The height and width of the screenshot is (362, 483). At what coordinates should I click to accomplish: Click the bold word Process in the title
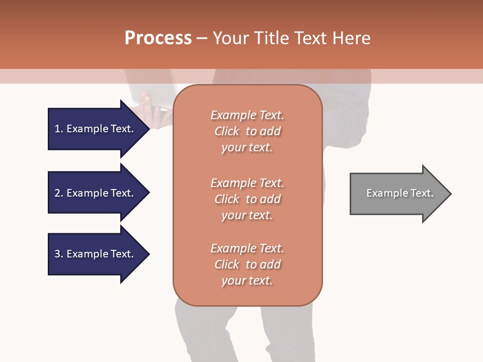tap(158, 38)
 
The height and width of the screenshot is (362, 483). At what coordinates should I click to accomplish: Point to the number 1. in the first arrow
tap(59, 129)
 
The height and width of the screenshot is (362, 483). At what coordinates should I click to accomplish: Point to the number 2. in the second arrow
tap(59, 193)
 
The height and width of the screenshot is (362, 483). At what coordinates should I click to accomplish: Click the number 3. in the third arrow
tap(59, 254)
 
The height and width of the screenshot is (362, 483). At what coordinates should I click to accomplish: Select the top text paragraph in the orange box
tap(247, 131)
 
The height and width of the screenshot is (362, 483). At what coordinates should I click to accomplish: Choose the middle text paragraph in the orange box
tap(247, 199)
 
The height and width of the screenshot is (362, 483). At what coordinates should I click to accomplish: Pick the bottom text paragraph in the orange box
tap(247, 264)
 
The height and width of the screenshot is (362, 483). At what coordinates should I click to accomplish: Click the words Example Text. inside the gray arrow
tap(399, 194)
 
